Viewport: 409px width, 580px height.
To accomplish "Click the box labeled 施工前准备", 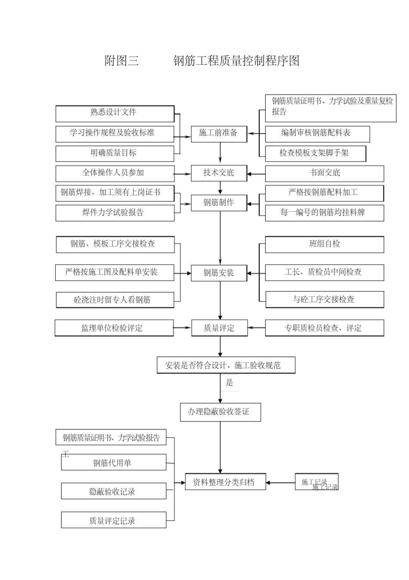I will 219,133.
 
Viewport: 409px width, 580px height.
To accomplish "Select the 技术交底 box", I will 219,173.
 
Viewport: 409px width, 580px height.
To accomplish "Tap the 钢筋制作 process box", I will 219,203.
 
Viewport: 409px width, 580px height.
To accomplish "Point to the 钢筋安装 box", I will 219,273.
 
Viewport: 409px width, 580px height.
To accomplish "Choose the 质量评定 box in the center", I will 219,328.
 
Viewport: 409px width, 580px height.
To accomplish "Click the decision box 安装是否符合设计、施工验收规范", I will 226,365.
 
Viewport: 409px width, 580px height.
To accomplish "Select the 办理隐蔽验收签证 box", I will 220,412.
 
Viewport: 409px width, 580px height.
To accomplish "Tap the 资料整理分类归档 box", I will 225,483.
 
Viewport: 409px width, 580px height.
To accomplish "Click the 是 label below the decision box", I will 229,382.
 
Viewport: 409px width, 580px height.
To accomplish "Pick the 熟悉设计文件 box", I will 115,113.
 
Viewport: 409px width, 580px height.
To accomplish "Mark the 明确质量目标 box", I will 115,153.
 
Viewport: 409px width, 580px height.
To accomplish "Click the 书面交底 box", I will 324,173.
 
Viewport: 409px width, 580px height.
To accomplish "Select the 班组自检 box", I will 324,244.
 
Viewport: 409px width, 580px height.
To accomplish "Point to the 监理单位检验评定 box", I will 114,328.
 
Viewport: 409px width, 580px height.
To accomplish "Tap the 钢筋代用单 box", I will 114,463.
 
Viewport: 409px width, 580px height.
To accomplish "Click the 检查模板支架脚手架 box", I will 315,153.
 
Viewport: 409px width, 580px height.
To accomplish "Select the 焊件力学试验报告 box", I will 115,213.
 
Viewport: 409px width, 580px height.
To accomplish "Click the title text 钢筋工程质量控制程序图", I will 236,61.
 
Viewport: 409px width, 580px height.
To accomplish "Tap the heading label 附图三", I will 122,61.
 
